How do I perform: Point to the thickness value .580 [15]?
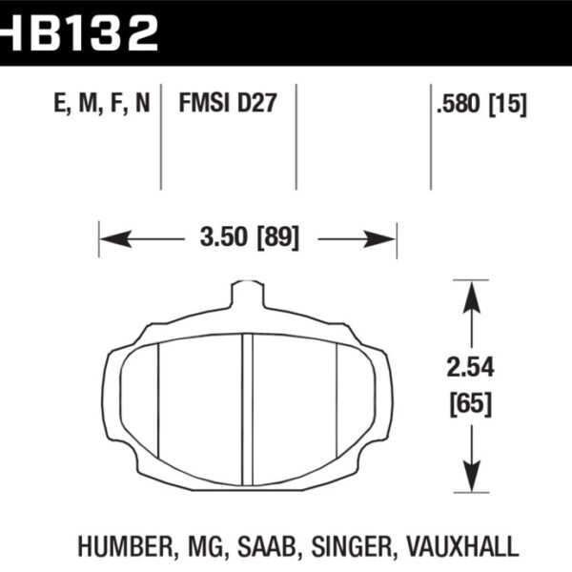pos(480,103)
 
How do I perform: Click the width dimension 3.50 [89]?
pos(247,236)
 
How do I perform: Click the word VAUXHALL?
pos(460,546)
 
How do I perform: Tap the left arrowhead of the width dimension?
pos(107,236)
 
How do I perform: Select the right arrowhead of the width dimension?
pos(388,236)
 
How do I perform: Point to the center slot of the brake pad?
pos(247,405)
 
